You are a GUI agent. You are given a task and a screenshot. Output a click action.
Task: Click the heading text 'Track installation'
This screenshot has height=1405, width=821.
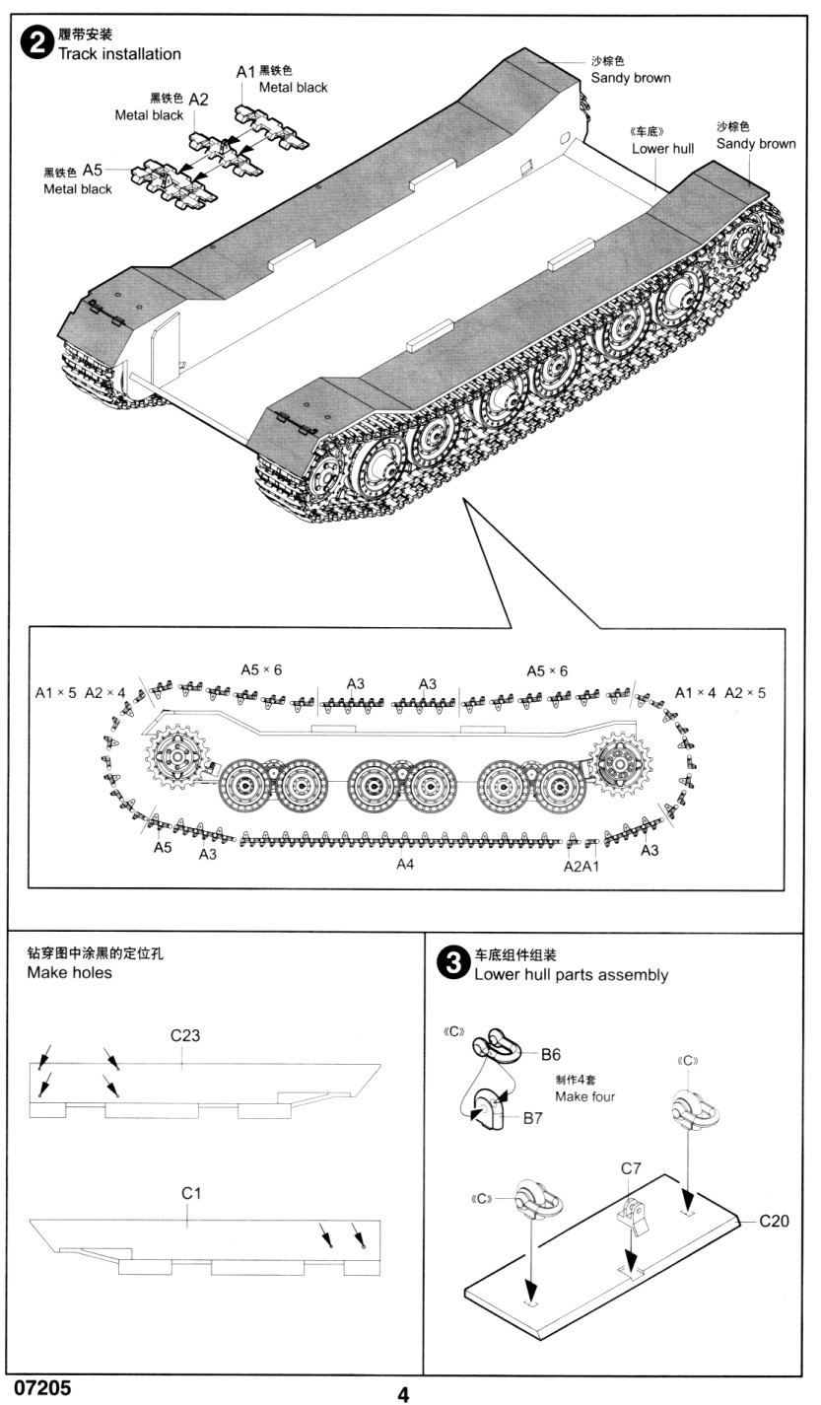pos(119,54)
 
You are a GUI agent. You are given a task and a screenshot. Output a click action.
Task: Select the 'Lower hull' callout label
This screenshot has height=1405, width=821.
pos(662,148)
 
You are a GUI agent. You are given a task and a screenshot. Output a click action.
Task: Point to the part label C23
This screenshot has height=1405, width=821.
pos(185,1035)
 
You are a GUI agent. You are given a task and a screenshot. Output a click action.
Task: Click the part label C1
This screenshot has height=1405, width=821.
pos(191,1193)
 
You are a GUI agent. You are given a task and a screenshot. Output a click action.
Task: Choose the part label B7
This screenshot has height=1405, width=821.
pos(533,1117)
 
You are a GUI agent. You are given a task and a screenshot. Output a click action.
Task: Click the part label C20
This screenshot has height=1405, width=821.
pos(774,1221)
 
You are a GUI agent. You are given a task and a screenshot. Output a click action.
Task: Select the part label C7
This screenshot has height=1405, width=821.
pos(631,1168)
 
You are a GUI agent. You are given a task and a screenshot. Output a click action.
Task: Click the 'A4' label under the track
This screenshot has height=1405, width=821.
pos(404,864)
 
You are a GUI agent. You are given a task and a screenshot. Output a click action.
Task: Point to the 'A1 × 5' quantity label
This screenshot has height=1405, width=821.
pos(55,692)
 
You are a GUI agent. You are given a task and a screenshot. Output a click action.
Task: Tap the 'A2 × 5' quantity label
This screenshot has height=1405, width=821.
pos(745,692)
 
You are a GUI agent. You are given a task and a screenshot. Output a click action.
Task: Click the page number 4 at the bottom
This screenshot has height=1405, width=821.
pos(403,1393)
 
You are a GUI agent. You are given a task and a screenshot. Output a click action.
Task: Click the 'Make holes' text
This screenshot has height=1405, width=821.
pos(69,973)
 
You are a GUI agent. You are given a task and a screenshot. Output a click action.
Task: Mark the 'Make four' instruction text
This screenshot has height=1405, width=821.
pos(584,1096)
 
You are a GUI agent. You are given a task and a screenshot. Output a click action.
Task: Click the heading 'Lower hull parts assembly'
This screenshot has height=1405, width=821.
pos(571,975)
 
